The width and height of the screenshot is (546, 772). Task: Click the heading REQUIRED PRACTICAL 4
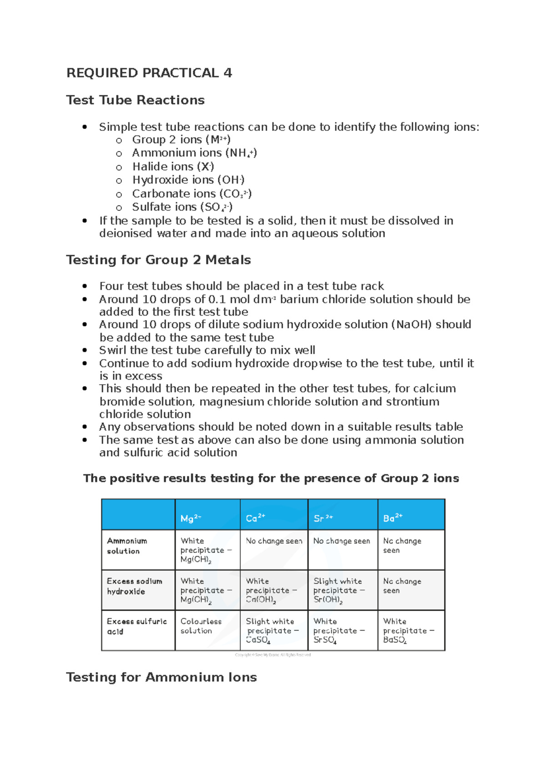click(149, 73)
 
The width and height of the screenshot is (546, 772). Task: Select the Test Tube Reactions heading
click(135, 100)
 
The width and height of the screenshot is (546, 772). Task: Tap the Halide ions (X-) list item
click(173, 167)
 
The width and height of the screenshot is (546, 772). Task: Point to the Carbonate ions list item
click(192, 194)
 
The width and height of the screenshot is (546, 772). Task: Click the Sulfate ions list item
click(182, 207)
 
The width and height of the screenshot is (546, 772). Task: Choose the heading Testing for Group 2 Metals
click(158, 260)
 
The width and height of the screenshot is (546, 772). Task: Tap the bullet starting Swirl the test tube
click(207, 351)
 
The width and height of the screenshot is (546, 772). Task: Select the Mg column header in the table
click(191, 518)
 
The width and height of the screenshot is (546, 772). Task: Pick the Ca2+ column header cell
click(255, 518)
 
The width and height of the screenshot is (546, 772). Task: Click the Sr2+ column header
click(324, 518)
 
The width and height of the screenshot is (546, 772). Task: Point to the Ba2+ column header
click(393, 518)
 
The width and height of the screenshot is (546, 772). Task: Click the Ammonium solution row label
click(127, 546)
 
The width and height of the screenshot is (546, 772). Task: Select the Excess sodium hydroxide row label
click(134, 587)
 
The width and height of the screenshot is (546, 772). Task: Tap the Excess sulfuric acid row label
click(136, 627)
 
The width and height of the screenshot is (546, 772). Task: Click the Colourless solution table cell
click(201, 626)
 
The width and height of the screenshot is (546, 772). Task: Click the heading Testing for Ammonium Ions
click(162, 677)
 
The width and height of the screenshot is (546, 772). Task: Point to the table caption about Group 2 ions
click(271, 478)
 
